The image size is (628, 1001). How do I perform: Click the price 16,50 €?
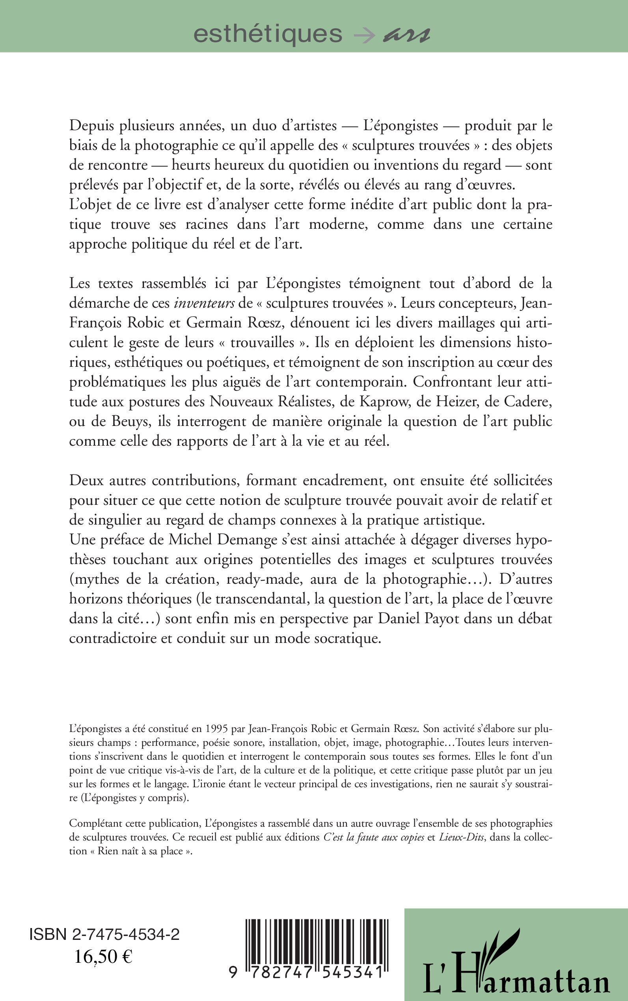click(x=103, y=957)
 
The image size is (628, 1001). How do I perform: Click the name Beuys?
click(x=123, y=421)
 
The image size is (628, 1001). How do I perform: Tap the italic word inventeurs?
click(x=204, y=303)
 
